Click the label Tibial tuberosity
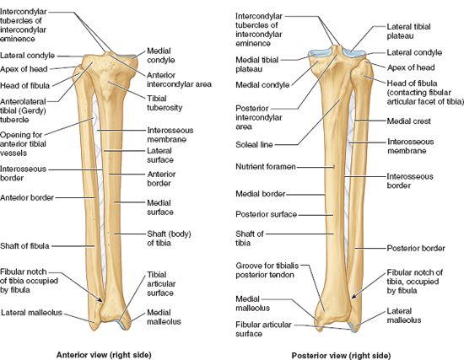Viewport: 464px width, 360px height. click(165, 103)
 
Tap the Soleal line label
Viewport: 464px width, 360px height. click(254, 145)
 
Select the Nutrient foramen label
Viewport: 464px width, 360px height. click(266, 167)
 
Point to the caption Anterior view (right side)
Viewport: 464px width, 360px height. click(104, 355)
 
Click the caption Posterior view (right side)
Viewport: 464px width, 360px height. click(341, 355)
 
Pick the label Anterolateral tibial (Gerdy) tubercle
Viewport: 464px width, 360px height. click(23, 110)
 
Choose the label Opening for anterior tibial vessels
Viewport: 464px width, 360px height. click(23, 144)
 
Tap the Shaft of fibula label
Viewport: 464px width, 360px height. click(24, 246)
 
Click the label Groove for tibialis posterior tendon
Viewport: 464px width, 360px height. click(267, 270)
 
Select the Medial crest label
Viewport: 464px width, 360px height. click(408, 121)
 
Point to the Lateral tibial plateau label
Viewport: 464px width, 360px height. click(408, 31)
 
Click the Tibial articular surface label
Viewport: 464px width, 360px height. click(161, 283)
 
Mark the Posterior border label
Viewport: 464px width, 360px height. click(416, 248)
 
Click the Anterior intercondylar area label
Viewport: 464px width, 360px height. click(180, 79)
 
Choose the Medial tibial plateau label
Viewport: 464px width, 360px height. click(256, 64)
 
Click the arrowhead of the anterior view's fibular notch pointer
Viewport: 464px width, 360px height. click(100, 300)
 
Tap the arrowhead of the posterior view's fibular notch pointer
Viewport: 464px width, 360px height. click(353, 296)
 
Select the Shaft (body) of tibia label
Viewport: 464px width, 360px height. click(169, 239)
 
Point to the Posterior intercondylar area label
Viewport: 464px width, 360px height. click(259, 117)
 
